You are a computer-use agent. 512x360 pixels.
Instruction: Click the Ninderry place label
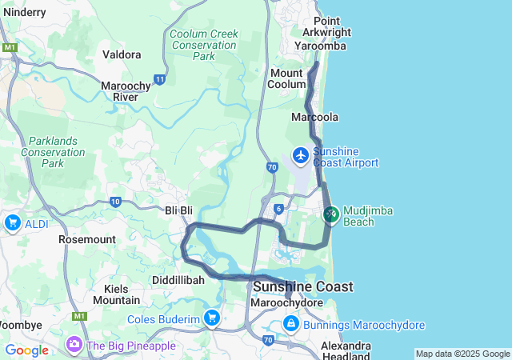[24, 13]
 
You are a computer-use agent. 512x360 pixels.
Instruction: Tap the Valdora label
[122, 54]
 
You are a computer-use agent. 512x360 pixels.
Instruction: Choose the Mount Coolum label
[286, 78]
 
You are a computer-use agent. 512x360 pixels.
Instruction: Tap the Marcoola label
[315, 117]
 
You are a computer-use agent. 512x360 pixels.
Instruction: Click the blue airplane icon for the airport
[301, 154]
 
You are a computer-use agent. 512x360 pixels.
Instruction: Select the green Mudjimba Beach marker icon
[331, 214]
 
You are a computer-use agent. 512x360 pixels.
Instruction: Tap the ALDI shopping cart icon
[12, 223]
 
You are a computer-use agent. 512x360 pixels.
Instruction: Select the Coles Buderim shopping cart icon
[211, 318]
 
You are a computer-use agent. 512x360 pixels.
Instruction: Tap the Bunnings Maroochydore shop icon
[290, 325]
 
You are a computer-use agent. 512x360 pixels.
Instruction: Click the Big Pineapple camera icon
[74, 345]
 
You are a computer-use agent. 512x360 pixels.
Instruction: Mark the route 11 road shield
[160, 79]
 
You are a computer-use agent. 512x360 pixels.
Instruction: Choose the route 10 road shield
[115, 202]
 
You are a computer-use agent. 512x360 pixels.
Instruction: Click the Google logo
[26, 350]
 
